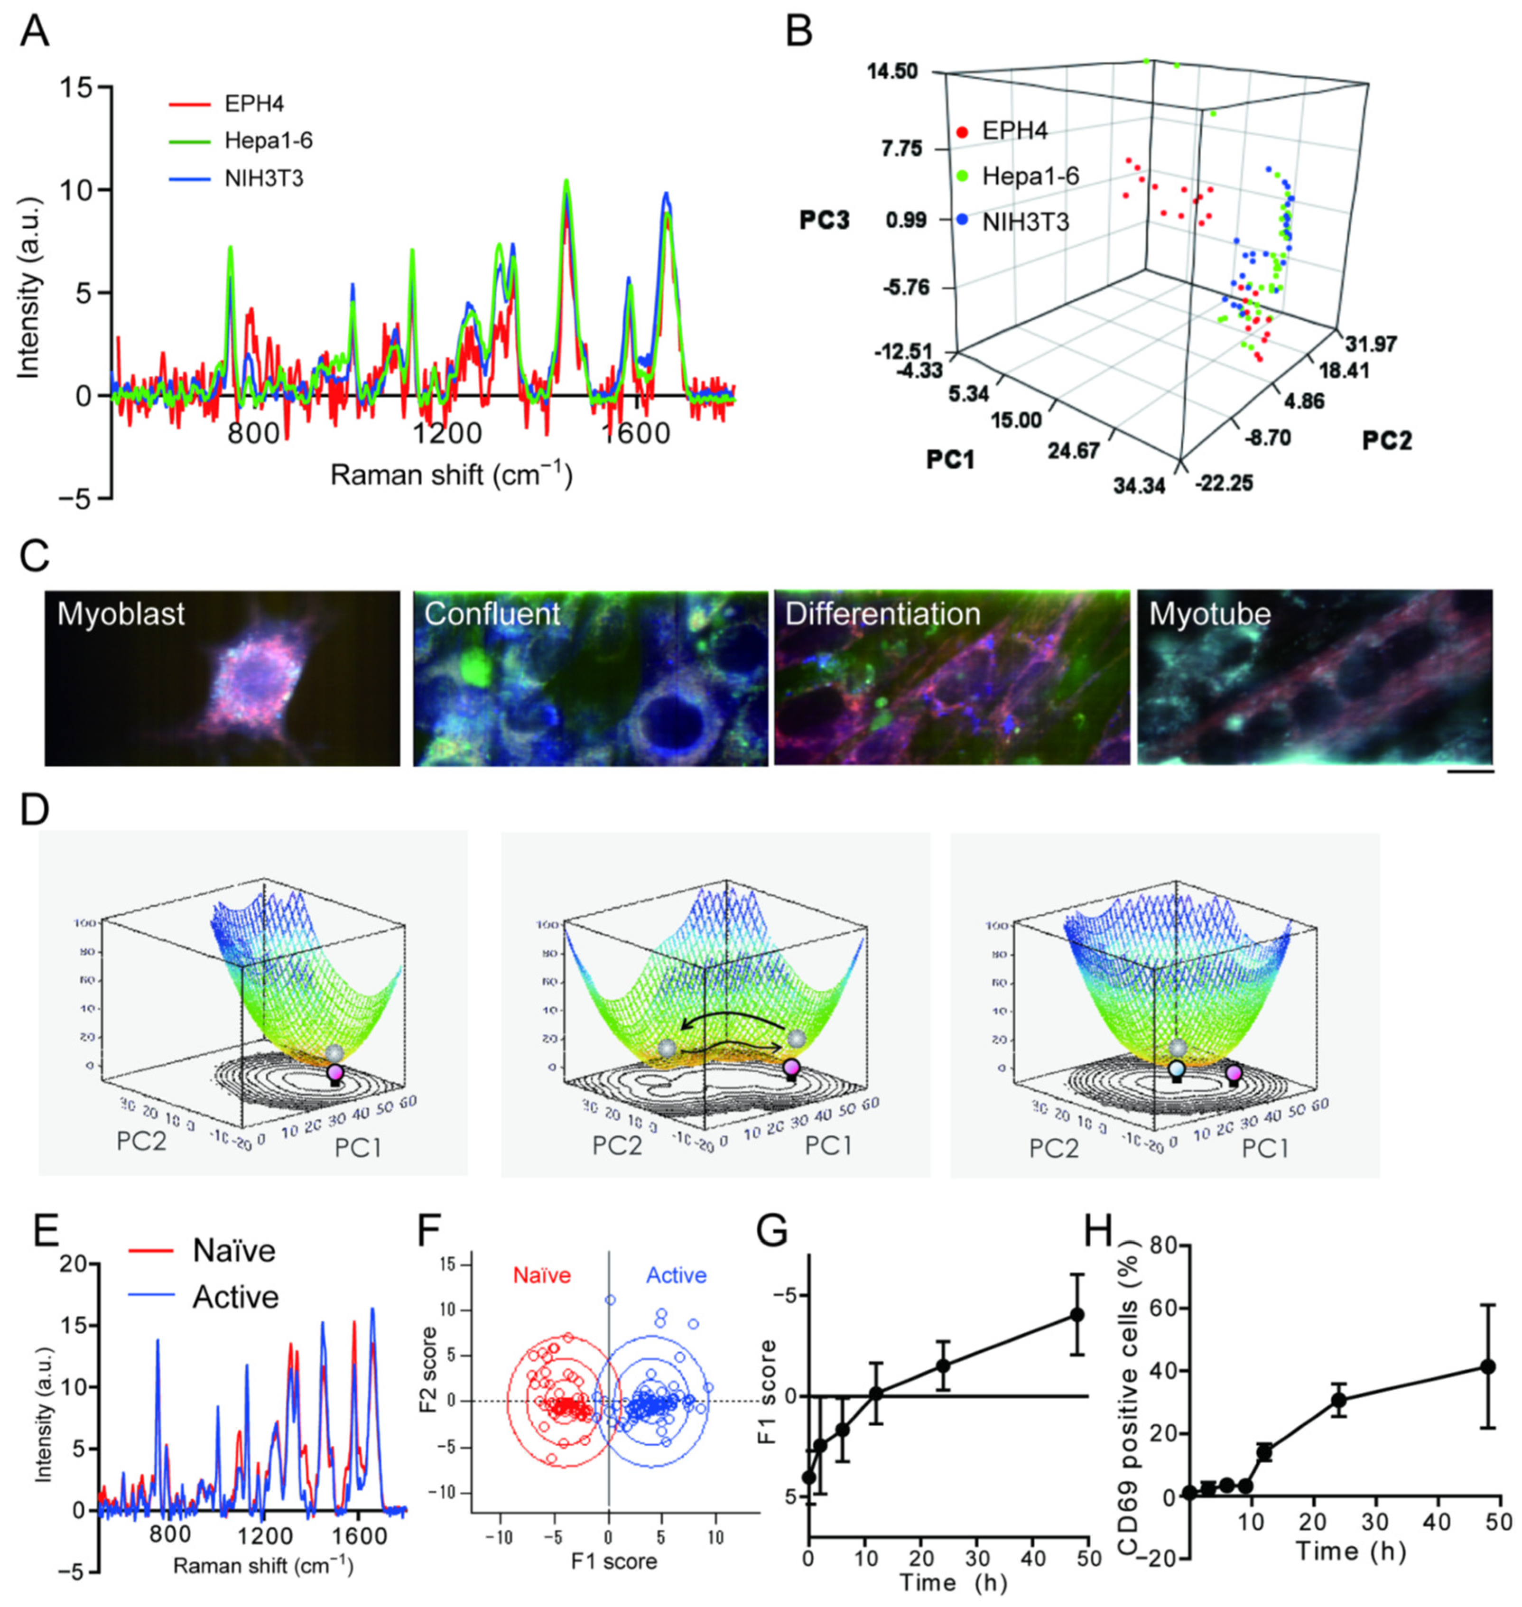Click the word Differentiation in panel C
tap(883, 614)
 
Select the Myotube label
tap(1210, 614)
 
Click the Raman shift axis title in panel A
tap(451, 476)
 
